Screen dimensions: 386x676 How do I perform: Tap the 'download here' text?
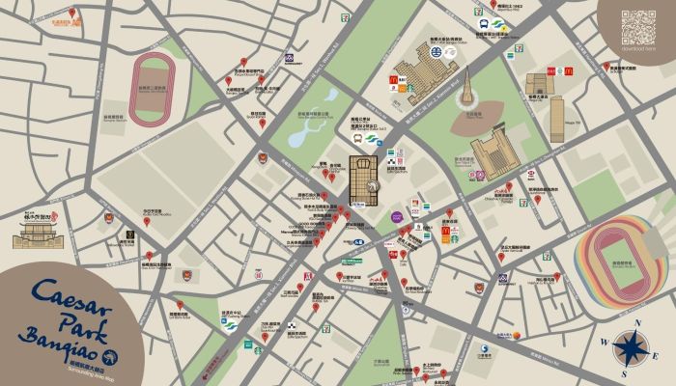tap(638, 48)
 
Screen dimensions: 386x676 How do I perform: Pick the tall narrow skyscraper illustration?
tap(557, 118)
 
